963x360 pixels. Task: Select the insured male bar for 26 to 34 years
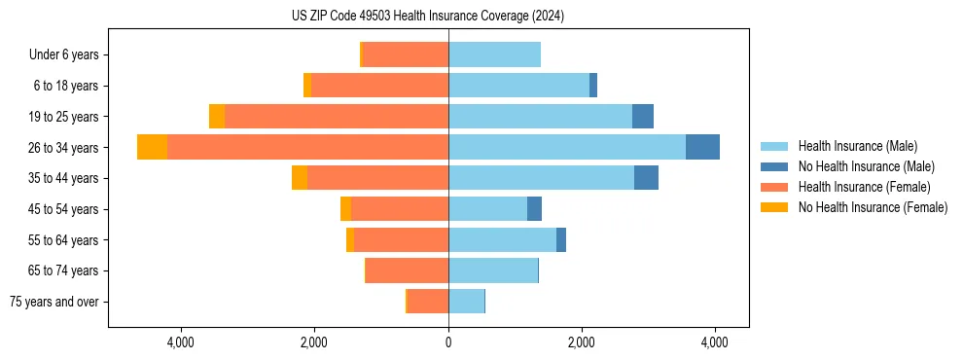tap(567, 147)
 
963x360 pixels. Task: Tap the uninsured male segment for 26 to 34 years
tap(702, 147)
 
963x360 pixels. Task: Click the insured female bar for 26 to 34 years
tap(307, 147)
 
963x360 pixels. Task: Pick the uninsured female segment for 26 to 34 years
tap(152, 147)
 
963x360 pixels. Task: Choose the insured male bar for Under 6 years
tap(494, 54)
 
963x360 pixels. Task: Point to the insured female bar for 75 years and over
tap(428, 302)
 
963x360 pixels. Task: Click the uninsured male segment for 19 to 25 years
tap(643, 117)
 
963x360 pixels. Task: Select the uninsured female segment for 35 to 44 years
tap(300, 178)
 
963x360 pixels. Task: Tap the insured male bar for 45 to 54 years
tap(487, 209)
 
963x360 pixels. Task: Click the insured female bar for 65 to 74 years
tap(407, 270)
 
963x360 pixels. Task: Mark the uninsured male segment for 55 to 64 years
tap(561, 239)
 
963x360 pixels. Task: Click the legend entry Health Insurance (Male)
tap(857, 146)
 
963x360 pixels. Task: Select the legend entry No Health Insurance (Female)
tap(873, 207)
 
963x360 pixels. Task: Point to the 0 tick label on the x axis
tap(448, 342)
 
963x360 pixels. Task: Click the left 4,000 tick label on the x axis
tap(182, 342)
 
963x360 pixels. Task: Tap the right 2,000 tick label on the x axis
tap(582, 342)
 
